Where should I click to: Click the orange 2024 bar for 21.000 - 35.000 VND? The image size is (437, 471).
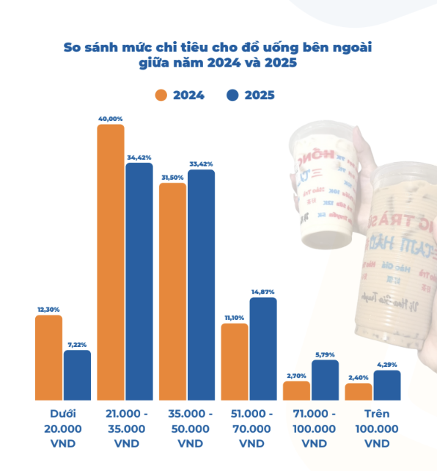coord(111,262)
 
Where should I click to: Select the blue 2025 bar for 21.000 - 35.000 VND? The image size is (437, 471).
coord(139,281)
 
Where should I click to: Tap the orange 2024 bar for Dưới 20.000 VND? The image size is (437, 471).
coord(48,357)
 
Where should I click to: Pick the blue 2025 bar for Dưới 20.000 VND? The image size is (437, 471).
coord(77,375)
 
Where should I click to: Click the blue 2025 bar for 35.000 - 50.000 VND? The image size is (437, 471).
coord(201,285)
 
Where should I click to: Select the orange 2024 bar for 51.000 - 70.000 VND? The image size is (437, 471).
coord(235,361)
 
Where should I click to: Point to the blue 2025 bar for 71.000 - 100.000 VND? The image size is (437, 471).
coord(325,379)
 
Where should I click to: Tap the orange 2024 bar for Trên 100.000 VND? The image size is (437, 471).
coord(359,391)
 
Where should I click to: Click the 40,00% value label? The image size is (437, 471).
coord(111,118)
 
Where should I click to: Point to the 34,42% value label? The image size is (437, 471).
coord(139,157)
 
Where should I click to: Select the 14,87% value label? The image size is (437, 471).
coord(262,292)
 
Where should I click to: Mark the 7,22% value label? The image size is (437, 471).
coord(77,344)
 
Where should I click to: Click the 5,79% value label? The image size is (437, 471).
coord(325,354)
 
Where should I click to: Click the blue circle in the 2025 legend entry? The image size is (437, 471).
coord(232,95)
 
